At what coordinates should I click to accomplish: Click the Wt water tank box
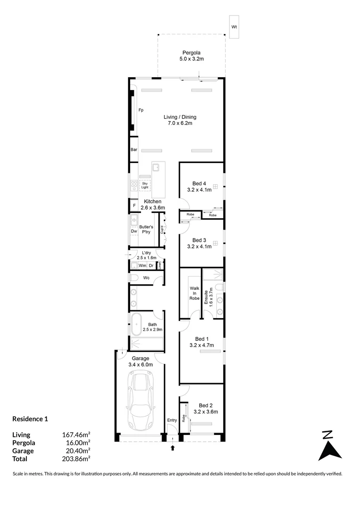[x=234, y=27]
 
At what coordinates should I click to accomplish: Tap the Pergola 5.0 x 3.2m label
[x=191, y=56]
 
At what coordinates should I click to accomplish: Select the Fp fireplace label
[x=141, y=110]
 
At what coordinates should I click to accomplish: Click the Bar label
[x=134, y=150]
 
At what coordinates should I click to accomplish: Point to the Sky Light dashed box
[x=145, y=185]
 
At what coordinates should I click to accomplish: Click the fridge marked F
[x=134, y=205]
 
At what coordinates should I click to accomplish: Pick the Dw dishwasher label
[x=134, y=231]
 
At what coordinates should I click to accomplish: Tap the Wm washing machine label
[x=142, y=265]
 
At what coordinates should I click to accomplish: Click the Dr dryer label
[x=151, y=265]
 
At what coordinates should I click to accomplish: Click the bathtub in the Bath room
[x=137, y=324]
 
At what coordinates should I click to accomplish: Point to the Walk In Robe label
[x=195, y=293]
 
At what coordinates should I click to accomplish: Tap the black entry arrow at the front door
[x=172, y=448]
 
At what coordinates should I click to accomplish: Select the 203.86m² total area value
[x=76, y=459]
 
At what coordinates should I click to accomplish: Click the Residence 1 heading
[x=30, y=419]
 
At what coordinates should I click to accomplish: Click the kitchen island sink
[x=156, y=167]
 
